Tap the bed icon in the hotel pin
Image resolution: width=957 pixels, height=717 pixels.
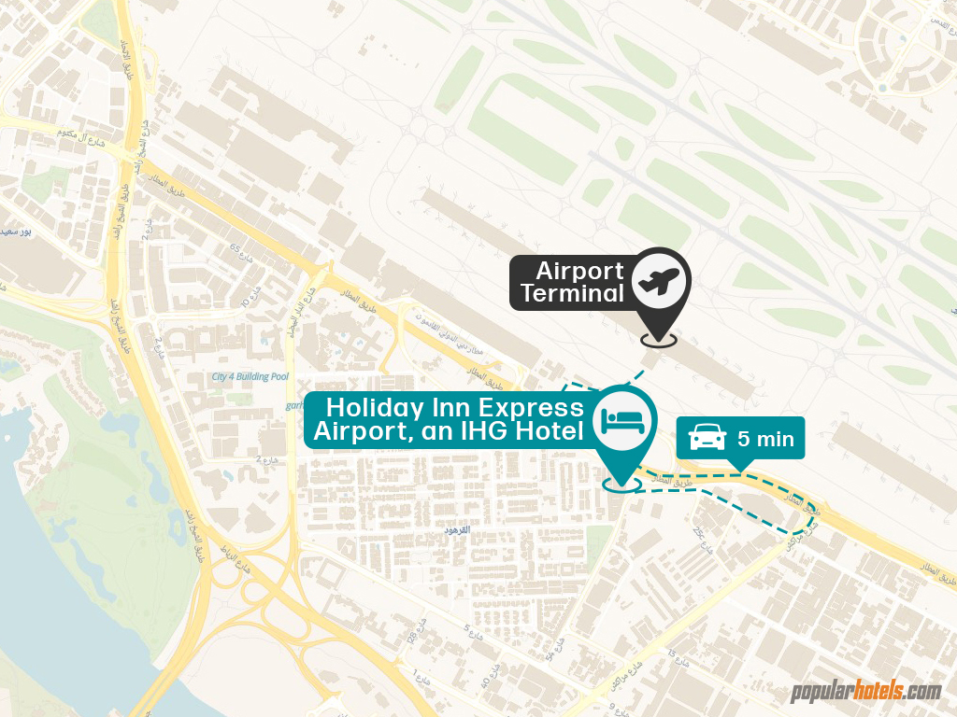[624, 418]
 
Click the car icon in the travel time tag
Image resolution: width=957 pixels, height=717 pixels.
[707, 438]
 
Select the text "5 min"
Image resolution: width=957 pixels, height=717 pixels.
[765, 439]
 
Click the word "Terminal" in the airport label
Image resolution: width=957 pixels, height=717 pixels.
[572, 294]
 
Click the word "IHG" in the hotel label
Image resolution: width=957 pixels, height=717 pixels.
[494, 431]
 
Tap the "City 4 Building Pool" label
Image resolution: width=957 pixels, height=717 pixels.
[250, 377]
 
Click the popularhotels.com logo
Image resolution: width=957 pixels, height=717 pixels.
[865, 692]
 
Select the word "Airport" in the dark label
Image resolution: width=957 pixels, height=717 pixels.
[579, 272]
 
